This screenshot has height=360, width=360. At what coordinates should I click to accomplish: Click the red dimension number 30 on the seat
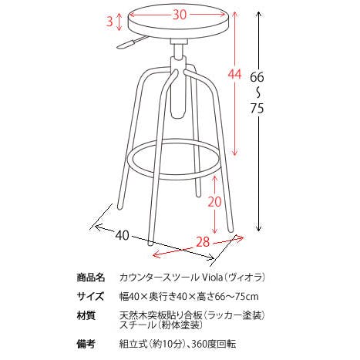179,15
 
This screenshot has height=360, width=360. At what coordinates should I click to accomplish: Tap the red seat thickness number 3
109,22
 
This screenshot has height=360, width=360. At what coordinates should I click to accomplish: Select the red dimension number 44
235,74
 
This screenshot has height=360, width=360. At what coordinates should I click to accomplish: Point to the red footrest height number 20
214,202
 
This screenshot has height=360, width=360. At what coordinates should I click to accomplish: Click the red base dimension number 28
203,242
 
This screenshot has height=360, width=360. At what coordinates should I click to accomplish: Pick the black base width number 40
122,235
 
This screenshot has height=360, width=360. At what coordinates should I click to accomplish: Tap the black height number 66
257,77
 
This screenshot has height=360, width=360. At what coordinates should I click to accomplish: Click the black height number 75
257,109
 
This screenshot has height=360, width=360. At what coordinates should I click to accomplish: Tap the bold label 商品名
91,278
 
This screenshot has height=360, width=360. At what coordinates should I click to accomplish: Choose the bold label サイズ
91,297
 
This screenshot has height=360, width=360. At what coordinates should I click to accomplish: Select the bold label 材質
86,315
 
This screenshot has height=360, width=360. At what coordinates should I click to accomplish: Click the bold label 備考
86,344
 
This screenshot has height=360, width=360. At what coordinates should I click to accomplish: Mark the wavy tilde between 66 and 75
257,93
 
